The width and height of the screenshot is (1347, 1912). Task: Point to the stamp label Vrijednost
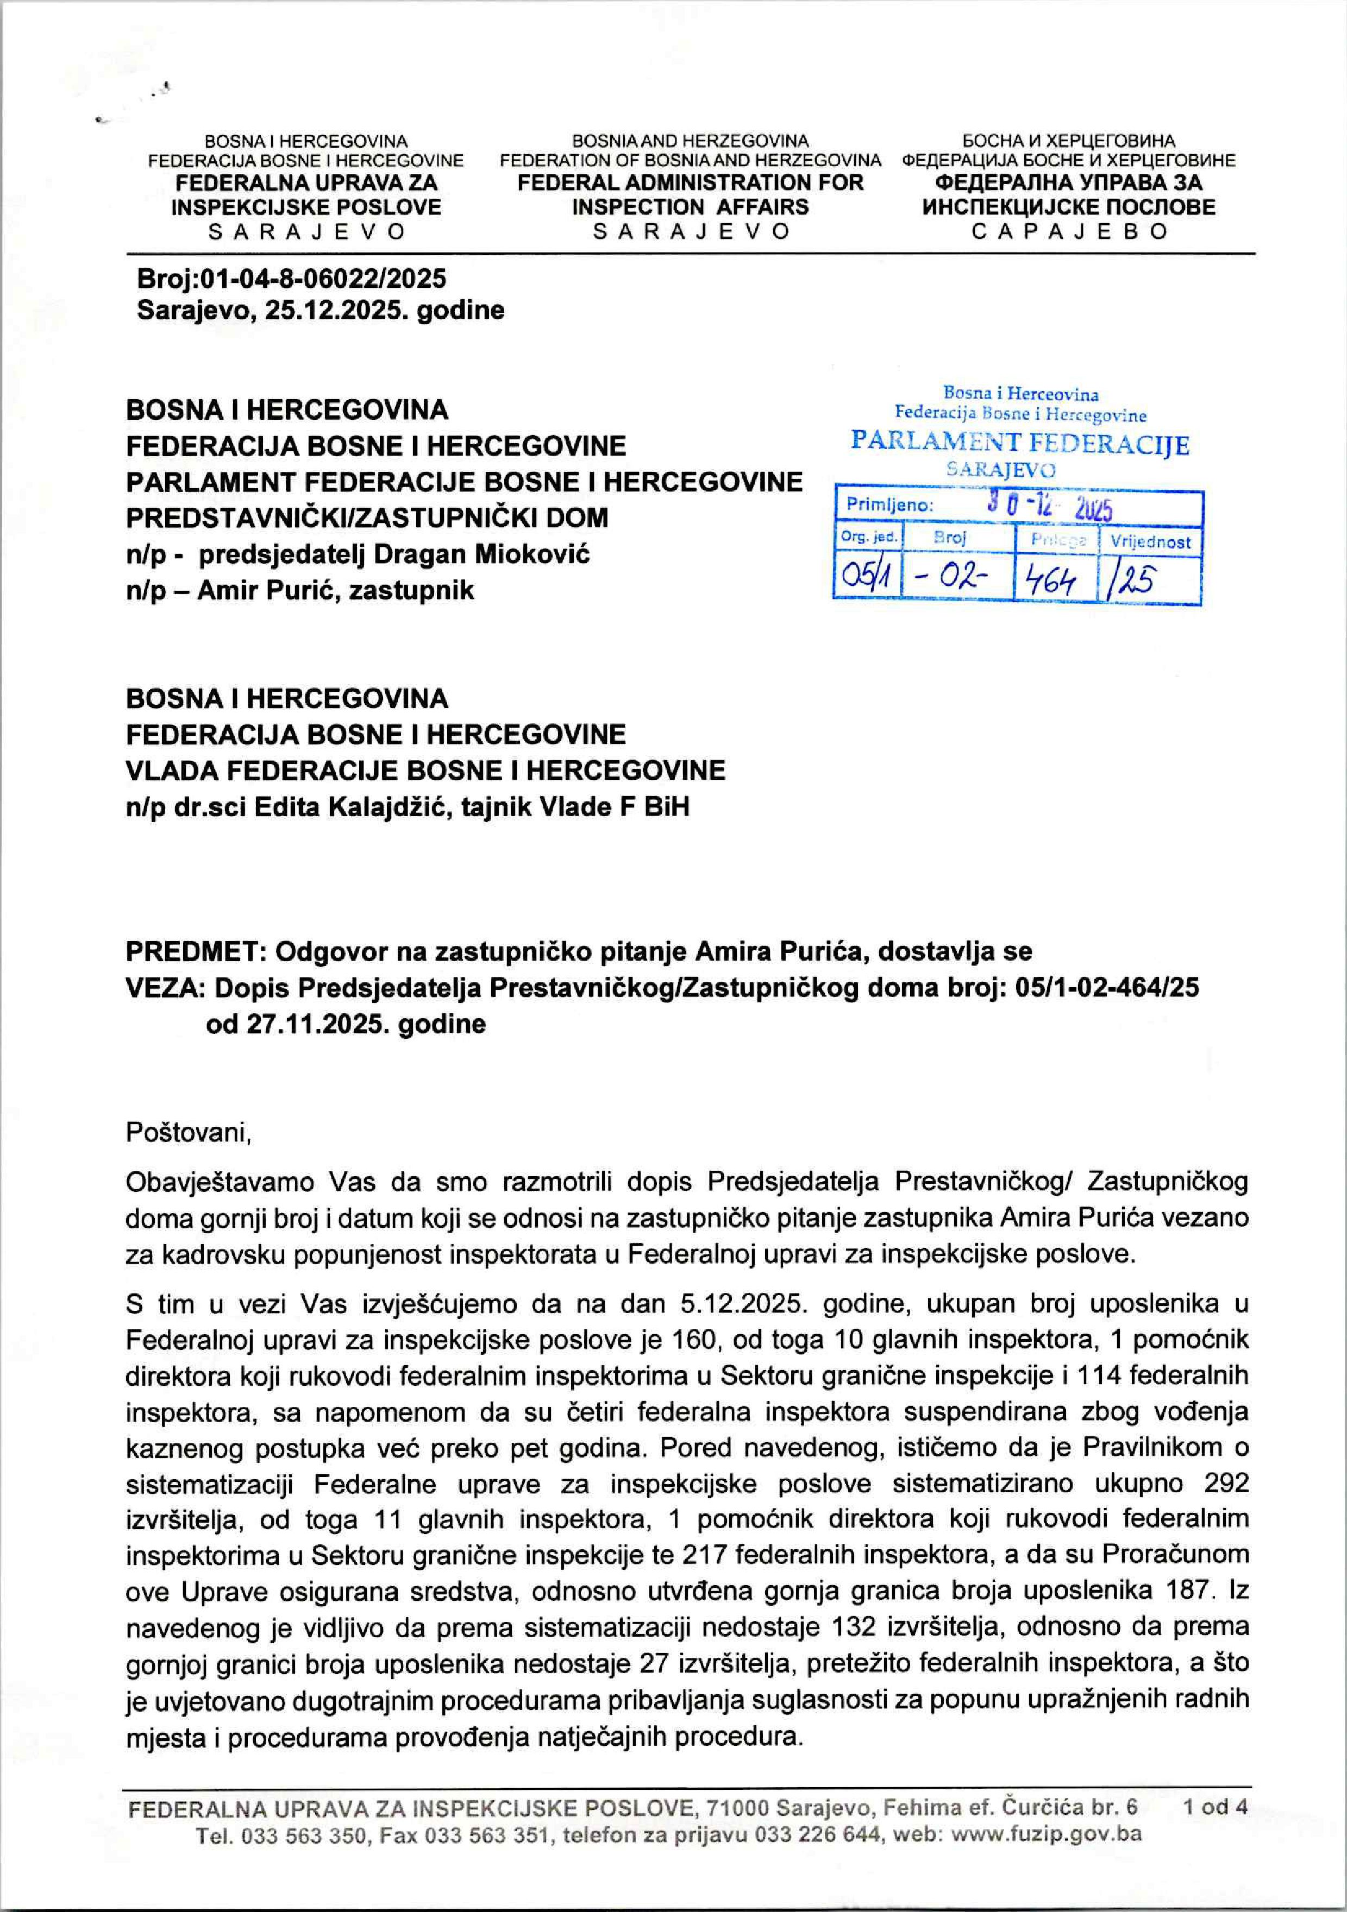tap(1150, 542)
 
